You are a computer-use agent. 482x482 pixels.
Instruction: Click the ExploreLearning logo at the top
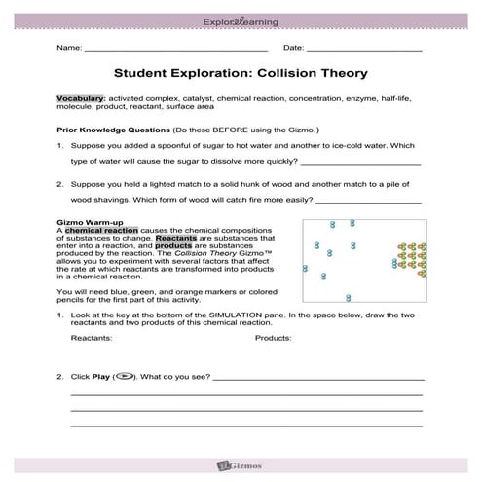coord(241,18)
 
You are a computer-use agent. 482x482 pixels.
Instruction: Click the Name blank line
coord(176,49)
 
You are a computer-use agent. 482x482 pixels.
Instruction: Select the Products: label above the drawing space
coord(273,339)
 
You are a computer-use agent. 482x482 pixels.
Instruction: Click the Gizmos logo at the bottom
coord(241,466)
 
